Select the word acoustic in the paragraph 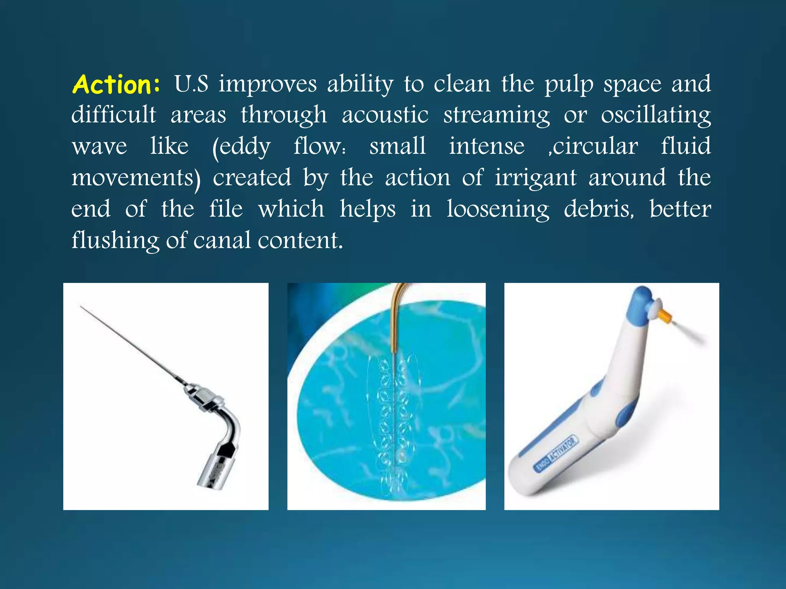[385, 115]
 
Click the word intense [487, 146]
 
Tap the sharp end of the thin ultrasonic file [81, 307]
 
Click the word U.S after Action [191, 84]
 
